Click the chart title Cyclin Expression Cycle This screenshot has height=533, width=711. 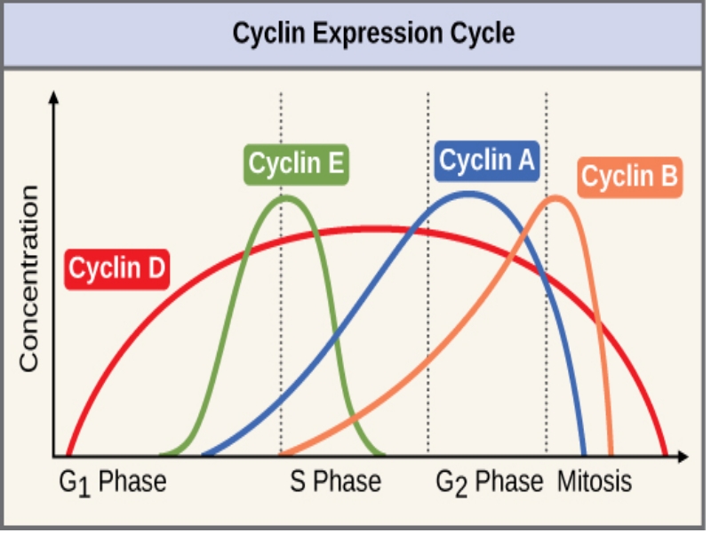373,34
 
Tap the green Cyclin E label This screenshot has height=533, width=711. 296,164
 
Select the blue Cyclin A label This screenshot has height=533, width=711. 487,161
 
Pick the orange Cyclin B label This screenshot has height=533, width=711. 630,178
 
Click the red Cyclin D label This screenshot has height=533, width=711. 117,267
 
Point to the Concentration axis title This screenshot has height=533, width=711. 29,279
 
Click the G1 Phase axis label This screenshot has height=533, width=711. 113,482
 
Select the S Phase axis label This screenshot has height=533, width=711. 336,482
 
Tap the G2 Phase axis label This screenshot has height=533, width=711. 489,482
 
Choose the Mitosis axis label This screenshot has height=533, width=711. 595,482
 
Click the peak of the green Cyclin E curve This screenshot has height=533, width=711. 285,197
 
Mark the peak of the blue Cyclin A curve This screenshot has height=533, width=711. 468,192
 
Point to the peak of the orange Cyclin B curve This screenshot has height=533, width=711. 557,197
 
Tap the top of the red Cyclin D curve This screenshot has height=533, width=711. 373,229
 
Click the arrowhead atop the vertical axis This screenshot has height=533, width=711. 55,95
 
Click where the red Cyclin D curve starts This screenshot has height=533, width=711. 68,454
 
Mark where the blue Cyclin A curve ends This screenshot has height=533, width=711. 584,454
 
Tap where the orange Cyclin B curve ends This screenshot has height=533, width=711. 611,454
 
